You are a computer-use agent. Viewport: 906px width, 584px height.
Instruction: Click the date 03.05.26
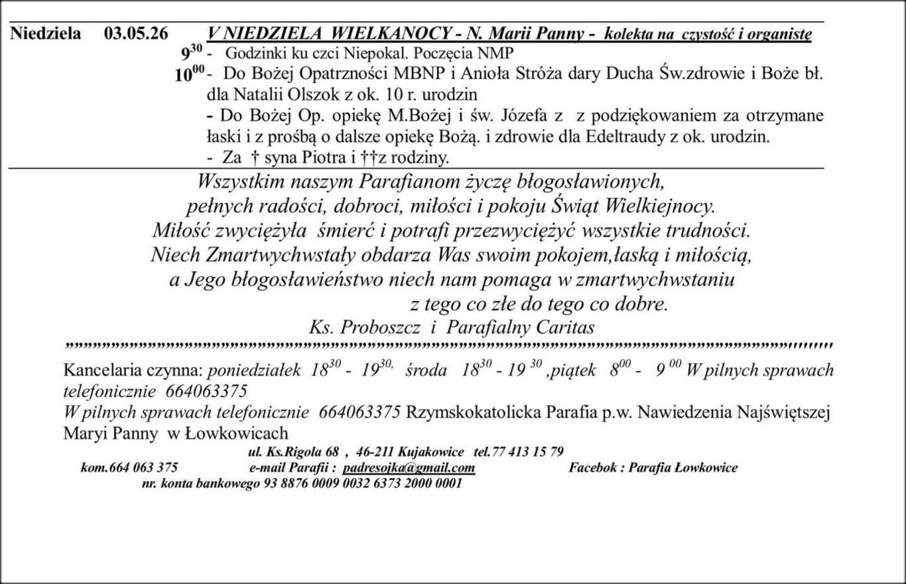(136, 33)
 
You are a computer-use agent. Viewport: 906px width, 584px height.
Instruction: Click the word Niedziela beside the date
(46, 33)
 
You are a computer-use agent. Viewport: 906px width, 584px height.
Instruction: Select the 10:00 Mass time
(190, 74)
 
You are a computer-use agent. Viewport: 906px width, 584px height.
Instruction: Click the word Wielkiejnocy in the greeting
(661, 206)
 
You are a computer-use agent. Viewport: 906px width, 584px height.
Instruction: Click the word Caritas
(567, 327)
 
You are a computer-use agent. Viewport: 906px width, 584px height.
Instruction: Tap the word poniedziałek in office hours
(255, 370)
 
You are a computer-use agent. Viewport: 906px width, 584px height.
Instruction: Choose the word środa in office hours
(426, 370)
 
